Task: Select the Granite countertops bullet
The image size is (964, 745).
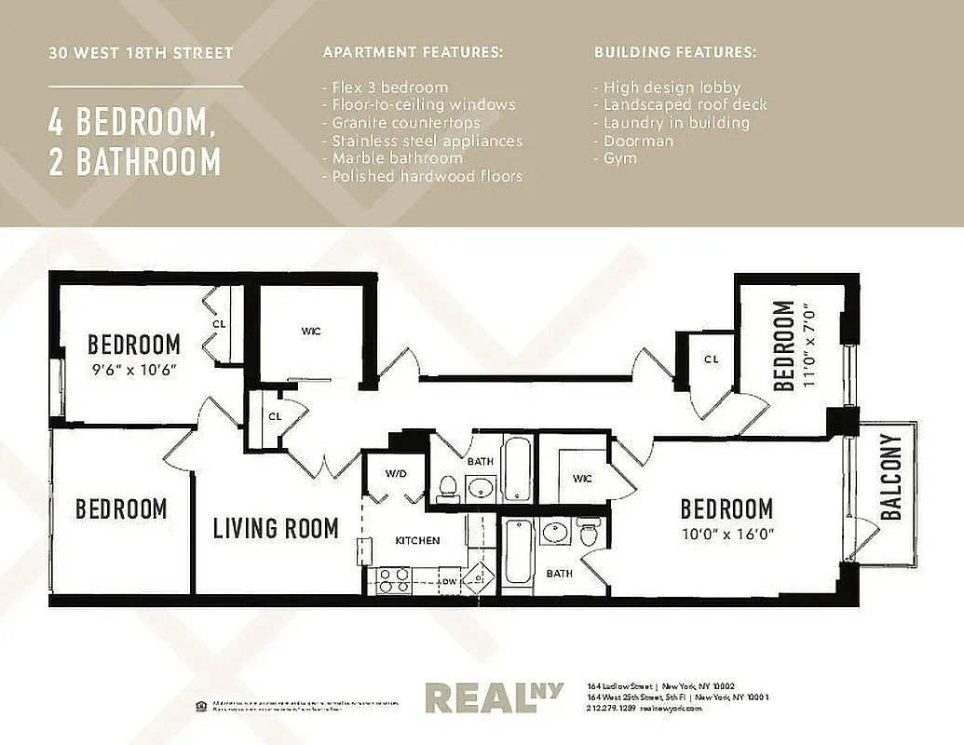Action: tap(401, 123)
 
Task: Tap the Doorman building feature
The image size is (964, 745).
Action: tap(638, 141)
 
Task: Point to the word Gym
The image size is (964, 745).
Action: tap(620, 158)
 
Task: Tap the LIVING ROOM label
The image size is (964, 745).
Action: tap(276, 529)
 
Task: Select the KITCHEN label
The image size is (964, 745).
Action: tap(417, 540)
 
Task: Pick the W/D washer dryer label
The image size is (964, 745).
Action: tap(396, 474)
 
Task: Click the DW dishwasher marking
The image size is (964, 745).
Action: tap(449, 581)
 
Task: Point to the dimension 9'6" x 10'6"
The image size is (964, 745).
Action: tap(133, 369)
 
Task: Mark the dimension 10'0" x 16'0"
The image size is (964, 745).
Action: tap(726, 534)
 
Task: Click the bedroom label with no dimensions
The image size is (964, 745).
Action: tap(121, 509)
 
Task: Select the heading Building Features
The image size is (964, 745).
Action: tap(675, 52)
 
